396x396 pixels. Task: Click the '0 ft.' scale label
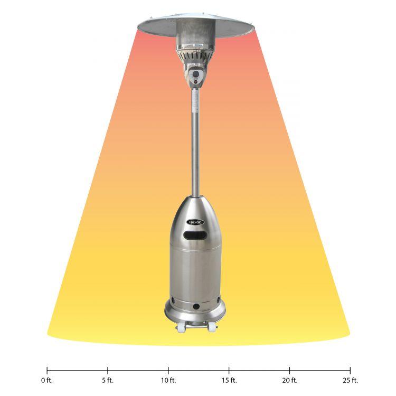coord(47,380)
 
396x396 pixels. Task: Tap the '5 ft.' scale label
coord(108,380)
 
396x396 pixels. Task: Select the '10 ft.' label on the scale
coord(168,380)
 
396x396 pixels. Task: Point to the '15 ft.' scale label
coord(229,380)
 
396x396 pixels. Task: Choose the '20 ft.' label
coord(290,380)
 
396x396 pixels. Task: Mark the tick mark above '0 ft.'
coord(47,370)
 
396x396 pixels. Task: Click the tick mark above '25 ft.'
coord(350,370)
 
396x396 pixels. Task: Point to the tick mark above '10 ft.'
coord(168,370)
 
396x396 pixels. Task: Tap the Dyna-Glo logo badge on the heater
coord(195,223)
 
